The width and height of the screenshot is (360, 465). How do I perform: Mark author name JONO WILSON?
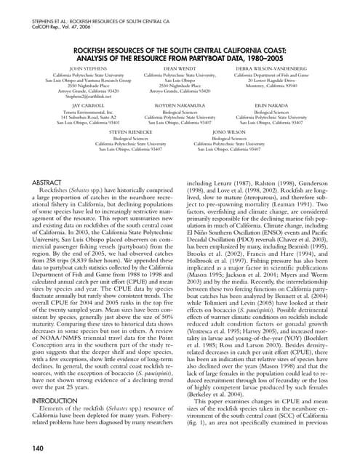pyautogui.click(x=228, y=132)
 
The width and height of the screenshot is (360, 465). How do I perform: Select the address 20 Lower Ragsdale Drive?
pyautogui.click(x=272, y=80)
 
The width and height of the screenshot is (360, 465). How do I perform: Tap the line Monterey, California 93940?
pyautogui.click(x=272, y=85)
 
